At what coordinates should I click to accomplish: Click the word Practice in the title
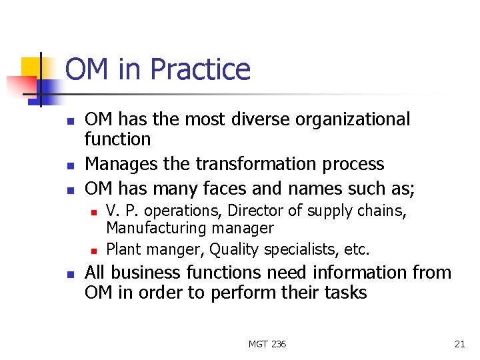point(200,70)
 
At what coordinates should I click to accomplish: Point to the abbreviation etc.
point(357,249)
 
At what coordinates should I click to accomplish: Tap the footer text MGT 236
point(267,344)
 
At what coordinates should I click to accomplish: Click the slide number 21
point(459,344)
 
